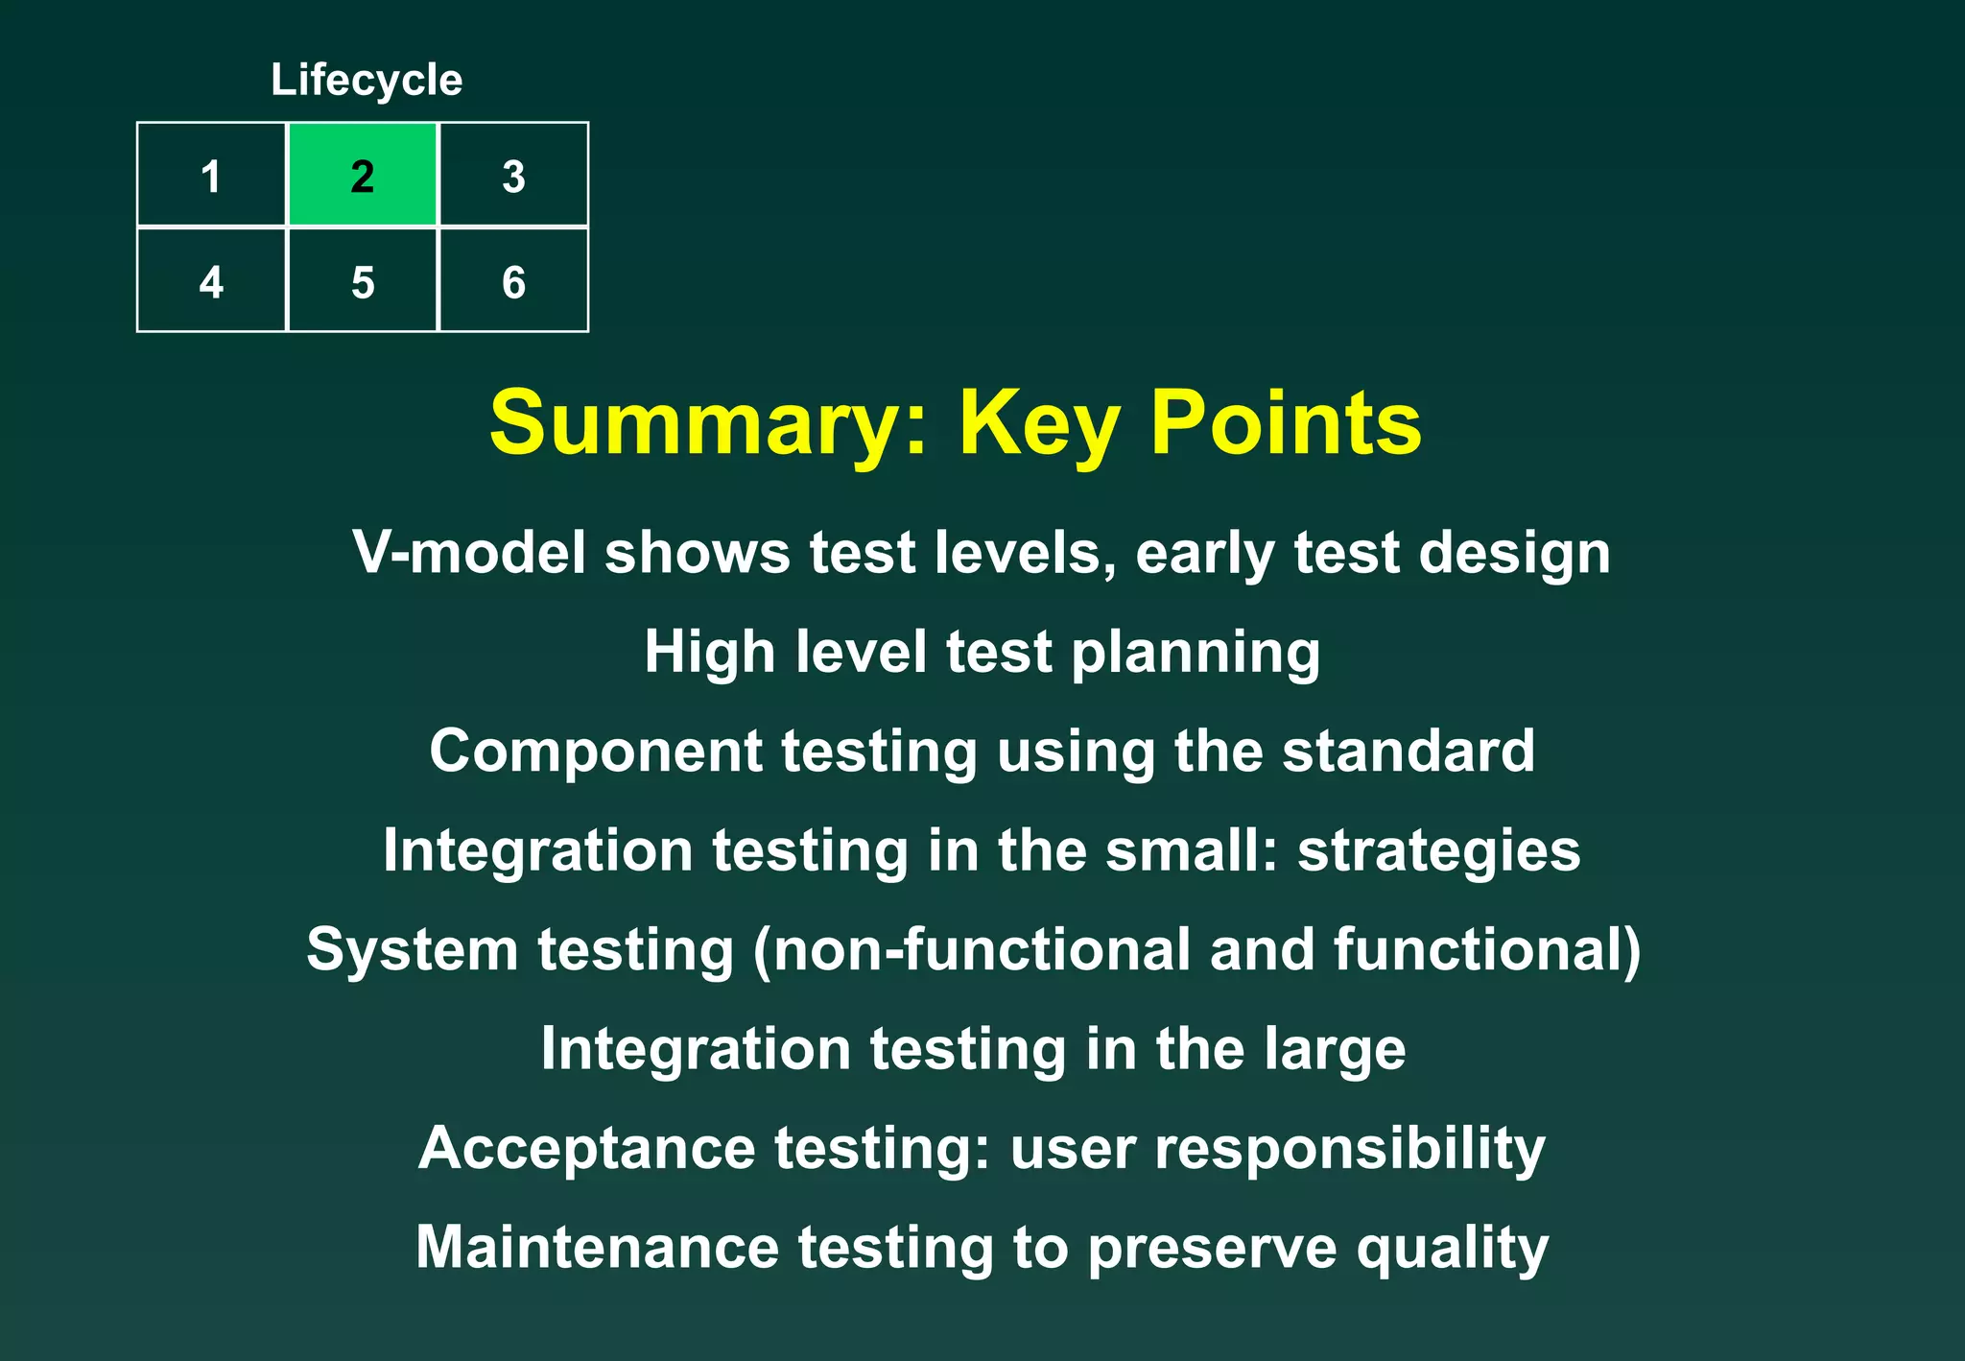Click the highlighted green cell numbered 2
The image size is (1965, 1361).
coord(363,175)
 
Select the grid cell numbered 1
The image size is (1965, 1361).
coord(211,175)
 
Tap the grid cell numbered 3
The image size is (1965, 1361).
coord(513,175)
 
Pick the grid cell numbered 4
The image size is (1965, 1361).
coord(211,281)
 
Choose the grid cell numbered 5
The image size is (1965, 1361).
coord(363,281)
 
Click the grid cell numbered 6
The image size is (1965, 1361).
coord(513,281)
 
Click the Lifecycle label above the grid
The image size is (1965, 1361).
coord(367,80)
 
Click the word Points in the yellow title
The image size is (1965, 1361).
coord(1286,423)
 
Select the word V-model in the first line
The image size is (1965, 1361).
coord(469,553)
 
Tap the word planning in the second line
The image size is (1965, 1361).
coord(1196,654)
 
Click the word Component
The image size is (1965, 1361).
coord(595,751)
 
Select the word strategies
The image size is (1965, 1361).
coord(1438,851)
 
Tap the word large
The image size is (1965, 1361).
coord(1335,1049)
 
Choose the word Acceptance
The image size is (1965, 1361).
coord(587,1149)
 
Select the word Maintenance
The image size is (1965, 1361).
coord(597,1248)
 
